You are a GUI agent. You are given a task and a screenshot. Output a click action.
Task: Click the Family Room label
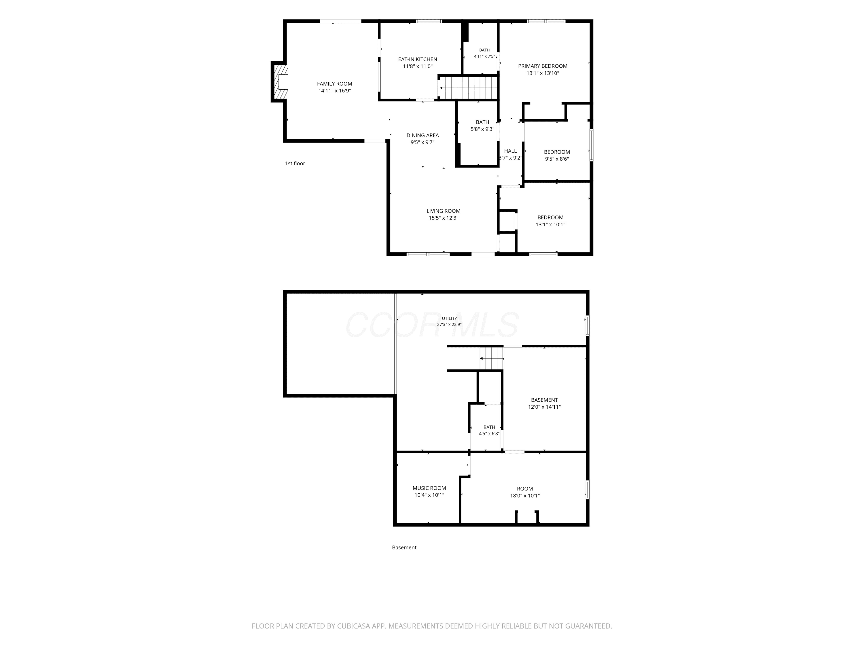[334, 84]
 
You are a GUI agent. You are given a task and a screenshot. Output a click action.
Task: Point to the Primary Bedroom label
[543, 66]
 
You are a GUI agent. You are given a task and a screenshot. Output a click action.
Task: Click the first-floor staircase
[468, 88]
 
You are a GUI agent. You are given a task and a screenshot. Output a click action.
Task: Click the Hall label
[510, 151]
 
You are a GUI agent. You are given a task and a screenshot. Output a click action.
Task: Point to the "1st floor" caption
[295, 164]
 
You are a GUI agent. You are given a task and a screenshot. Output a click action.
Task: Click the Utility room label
[449, 318]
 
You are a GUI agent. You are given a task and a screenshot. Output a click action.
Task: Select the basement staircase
[491, 358]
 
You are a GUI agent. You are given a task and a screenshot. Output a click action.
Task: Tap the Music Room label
[429, 488]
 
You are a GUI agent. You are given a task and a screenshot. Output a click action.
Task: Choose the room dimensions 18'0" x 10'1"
[524, 496]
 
